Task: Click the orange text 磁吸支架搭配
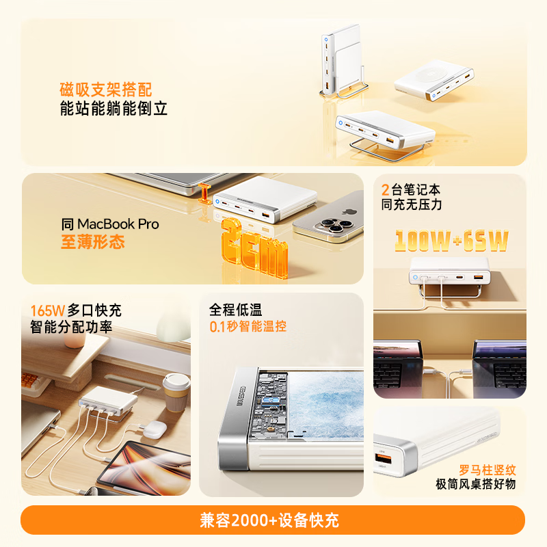coord(106,90)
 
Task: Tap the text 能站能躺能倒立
coord(114,109)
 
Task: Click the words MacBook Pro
coord(118,224)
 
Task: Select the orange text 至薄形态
coord(93,242)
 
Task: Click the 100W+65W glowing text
coord(451,241)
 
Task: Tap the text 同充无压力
coord(412,204)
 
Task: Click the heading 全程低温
coord(236,310)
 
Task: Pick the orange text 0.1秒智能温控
coord(248,327)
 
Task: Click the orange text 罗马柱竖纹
coord(487,470)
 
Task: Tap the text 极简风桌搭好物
coord(476,485)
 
